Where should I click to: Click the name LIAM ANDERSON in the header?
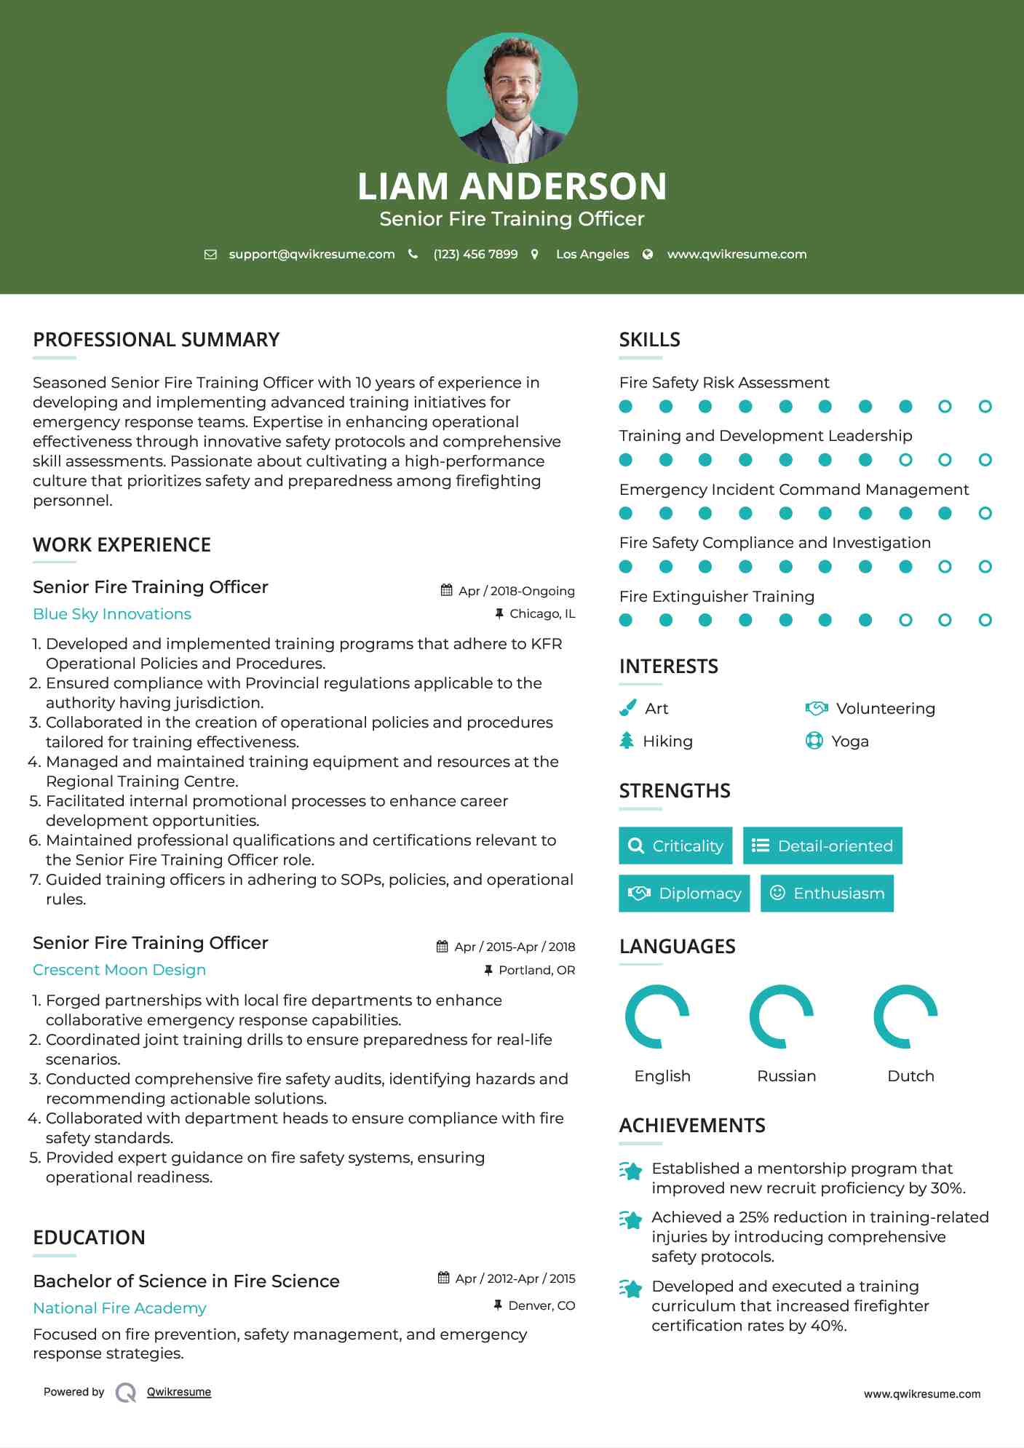point(512,186)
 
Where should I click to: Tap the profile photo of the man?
point(512,97)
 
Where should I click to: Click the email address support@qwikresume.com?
point(311,254)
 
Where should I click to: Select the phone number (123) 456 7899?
point(475,254)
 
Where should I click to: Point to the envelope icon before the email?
point(210,254)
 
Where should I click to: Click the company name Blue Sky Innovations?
point(112,613)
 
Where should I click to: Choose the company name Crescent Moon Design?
point(119,969)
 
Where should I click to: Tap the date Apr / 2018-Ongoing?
point(516,591)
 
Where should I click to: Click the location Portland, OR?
point(536,970)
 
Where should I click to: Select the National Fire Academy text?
point(119,1308)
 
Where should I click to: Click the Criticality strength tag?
point(675,846)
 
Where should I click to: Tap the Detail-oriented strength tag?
point(822,846)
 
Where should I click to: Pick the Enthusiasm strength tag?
point(827,893)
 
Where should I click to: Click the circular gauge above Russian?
point(781,1017)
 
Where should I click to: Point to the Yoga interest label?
point(850,741)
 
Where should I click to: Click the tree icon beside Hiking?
point(627,741)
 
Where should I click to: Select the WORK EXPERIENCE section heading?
point(122,544)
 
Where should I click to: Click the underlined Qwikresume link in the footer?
point(179,1391)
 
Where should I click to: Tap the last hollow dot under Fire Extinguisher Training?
point(985,620)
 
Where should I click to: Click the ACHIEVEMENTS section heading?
point(692,1125)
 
